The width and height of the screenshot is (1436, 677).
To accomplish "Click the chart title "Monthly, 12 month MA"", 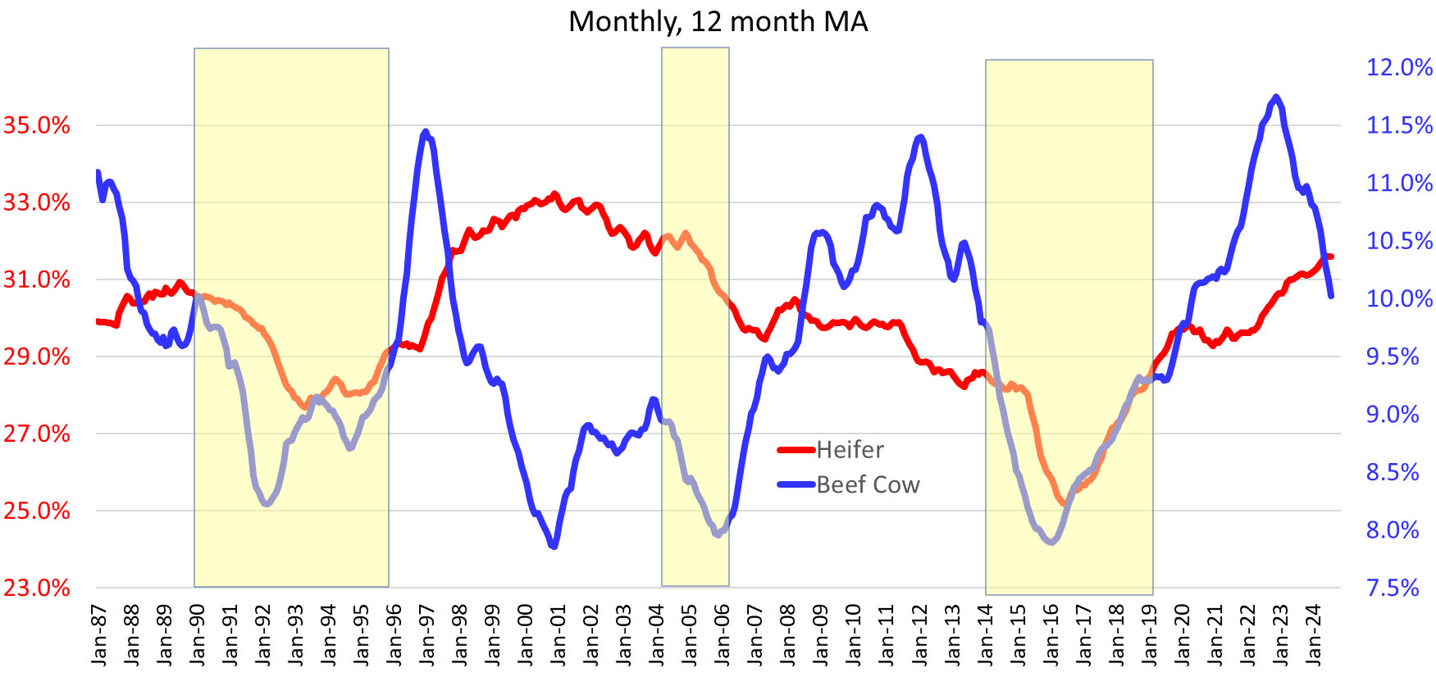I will tap(718, 21).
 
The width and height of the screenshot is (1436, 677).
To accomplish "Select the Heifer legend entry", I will tap(850, 450).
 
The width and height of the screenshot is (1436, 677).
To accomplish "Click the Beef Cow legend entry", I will tap(868, 485).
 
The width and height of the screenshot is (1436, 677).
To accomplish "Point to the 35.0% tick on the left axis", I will tap(37, 125).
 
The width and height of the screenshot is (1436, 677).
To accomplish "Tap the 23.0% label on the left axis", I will tap(37, 588).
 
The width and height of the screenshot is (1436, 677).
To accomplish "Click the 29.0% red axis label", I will tap(37, 357).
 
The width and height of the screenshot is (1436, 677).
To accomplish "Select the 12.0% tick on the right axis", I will tap(1399, 67).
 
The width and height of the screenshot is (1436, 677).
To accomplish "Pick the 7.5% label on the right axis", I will tap(1393, 588).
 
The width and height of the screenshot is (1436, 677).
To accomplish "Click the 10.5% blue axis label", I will tap(1399, 241).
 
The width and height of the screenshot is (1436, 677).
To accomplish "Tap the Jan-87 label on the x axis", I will tap(99, 634).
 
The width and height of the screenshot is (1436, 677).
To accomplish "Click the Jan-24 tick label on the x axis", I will tap(1314, 634).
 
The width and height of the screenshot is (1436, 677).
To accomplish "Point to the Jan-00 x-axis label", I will tap(526, 634).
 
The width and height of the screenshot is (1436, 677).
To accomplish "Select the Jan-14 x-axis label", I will tap(985, 634).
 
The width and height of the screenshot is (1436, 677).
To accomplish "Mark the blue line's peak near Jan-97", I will tap(425, 131).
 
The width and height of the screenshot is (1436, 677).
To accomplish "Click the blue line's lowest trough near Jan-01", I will tap(555, 546).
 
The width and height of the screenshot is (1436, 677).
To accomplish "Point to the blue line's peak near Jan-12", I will tap(921, 137).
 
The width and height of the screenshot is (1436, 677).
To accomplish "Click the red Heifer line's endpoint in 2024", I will tap(1330, 257).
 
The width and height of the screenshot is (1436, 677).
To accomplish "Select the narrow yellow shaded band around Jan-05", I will tap(695, 316).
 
